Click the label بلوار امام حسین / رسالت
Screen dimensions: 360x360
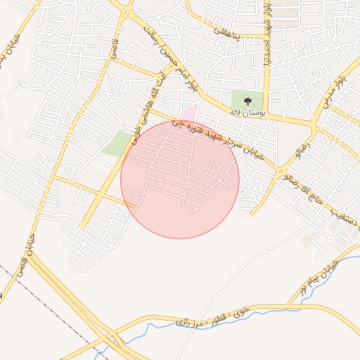(168, 57)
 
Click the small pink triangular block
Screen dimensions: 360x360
(188, 112)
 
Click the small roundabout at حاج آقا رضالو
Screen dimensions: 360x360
(282, 171)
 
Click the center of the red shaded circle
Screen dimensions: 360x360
(180, 179)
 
